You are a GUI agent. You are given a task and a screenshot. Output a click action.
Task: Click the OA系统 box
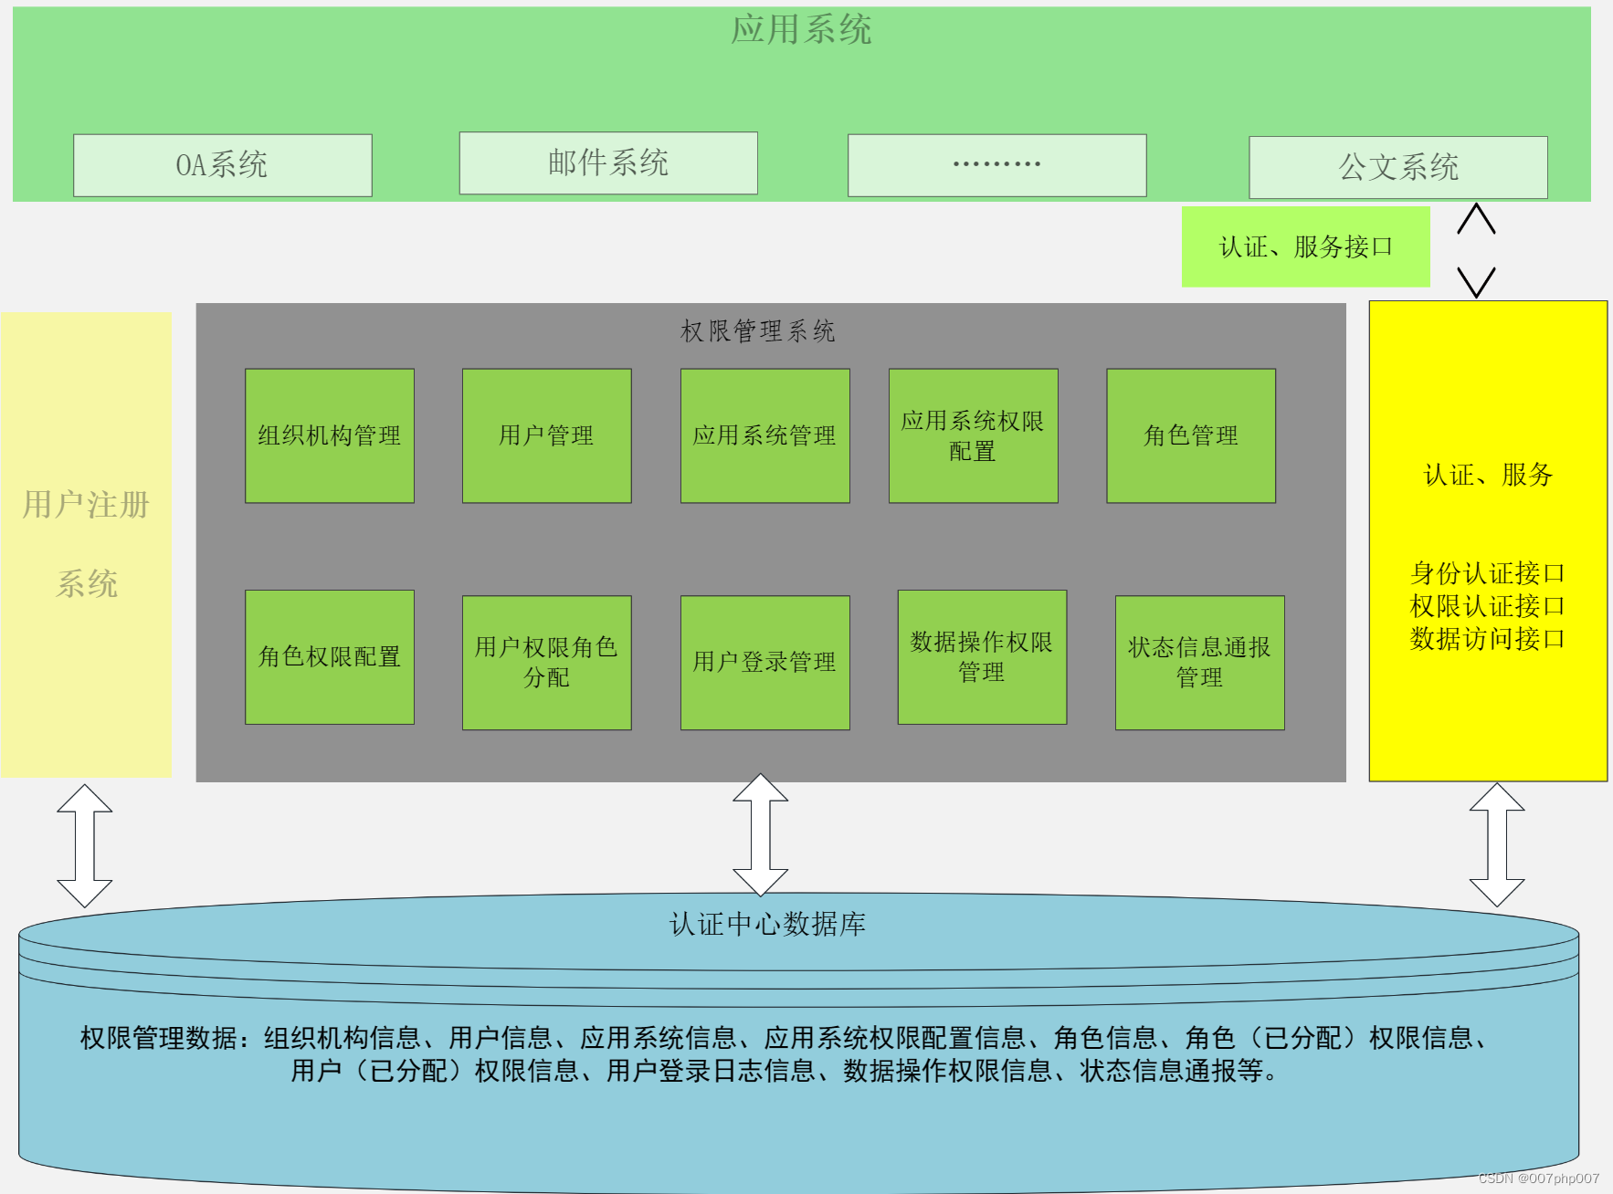[222, 165]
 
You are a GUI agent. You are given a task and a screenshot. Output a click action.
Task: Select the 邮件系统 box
[608, 163]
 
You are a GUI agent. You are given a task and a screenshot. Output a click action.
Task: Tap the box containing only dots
[996, 165]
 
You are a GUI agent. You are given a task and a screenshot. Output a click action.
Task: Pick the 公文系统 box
[1397, 167]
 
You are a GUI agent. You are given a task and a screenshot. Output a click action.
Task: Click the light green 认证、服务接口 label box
[1305, 246]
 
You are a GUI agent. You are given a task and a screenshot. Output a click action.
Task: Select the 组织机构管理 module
[330, 435]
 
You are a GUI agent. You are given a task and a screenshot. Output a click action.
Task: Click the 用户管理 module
[546, 435]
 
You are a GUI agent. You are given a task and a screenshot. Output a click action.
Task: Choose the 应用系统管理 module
[764, 435]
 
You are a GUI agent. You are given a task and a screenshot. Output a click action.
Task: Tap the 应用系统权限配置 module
[973, 435]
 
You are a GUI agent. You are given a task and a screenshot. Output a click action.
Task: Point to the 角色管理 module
[1191, 435]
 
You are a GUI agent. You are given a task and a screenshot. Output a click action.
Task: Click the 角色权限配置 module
[330, 657]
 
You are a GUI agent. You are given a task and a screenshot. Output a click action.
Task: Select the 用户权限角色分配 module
[546, 663]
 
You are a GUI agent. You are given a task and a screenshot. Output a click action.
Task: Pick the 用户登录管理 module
[764, 663]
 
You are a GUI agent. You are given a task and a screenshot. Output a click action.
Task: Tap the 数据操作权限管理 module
[982, 657]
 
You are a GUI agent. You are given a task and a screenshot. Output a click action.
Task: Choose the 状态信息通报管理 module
[1199, 663]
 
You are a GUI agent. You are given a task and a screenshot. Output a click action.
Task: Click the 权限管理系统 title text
[758, 330]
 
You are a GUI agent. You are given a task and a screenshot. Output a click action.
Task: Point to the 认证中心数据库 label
[767, 924]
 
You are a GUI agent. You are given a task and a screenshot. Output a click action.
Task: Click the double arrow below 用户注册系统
[84, 845]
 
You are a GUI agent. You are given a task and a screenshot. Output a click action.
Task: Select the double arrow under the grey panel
[760, 834]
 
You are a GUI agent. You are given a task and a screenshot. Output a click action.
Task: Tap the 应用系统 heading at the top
[801, 30]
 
